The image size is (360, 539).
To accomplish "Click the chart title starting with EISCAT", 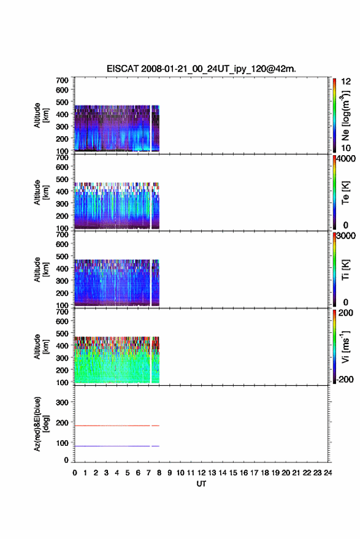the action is click(201, 69).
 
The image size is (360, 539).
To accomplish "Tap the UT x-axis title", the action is click(201, 484).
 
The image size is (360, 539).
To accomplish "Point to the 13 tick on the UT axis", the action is click(212, 473).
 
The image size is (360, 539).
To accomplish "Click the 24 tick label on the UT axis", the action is click(327, 473).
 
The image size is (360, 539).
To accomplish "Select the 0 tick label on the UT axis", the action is click(75, 473).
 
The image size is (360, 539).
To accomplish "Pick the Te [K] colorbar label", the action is click(345, 193).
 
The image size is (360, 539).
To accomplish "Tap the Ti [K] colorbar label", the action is click(345, 270).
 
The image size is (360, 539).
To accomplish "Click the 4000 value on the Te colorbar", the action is click(346, 158).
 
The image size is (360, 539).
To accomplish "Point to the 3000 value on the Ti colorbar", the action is click(346, 236).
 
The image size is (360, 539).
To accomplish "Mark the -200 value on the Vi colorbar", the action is click(344, 379).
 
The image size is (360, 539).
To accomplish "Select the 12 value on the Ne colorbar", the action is click(346, 82).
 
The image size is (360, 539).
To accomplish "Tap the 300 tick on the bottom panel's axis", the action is click(62, 402).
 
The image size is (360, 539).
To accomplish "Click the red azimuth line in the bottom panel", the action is click(117, 426).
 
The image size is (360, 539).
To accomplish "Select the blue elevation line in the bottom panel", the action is click(117, 446).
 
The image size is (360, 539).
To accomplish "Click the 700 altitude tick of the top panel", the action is click(62, 80).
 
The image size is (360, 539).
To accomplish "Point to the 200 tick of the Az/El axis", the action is click(62, 422).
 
